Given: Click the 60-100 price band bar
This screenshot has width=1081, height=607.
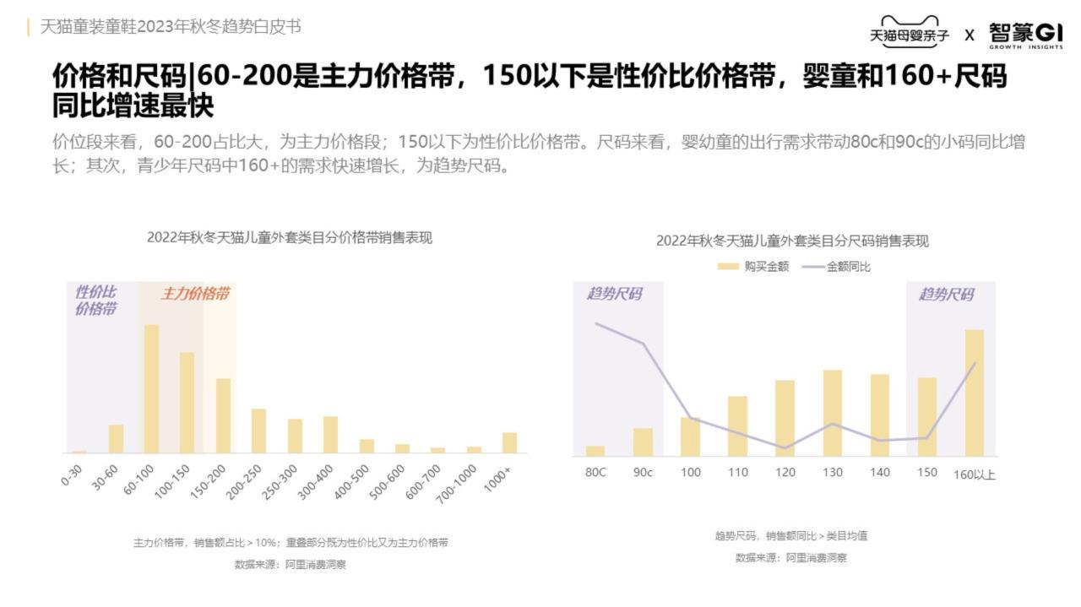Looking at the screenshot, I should click(151, 388).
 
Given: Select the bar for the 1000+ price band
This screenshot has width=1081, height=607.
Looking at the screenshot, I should click(509, 442).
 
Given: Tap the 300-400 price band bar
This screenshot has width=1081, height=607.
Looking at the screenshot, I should click(330, 434).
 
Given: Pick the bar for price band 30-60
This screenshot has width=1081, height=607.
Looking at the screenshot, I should click(116, 438).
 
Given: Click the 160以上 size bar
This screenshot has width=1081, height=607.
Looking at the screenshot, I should click(975, 393).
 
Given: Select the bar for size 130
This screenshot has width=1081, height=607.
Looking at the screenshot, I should click(833, 413).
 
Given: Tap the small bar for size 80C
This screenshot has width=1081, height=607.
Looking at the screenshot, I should click(595, 451).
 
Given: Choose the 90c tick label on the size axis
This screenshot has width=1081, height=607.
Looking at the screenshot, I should click(643, 473).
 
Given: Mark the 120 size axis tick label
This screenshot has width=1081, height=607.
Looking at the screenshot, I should click(785, 473).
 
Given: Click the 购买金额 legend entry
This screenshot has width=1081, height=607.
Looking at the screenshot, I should click(753, 267).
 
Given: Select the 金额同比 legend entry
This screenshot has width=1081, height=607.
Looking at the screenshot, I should click(836, 267).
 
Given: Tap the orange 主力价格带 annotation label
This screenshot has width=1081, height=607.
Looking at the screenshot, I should click(195, 294).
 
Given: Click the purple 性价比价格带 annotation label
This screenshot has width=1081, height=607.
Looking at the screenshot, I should click(95, 301).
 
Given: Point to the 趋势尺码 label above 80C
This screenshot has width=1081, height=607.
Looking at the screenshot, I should click(614, 294).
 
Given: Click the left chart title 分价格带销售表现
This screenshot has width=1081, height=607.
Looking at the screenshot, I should click(289, 238).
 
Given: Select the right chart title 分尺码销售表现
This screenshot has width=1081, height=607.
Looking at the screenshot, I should click(792, 241).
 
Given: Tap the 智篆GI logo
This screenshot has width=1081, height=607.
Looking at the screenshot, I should click(1025, 35).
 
